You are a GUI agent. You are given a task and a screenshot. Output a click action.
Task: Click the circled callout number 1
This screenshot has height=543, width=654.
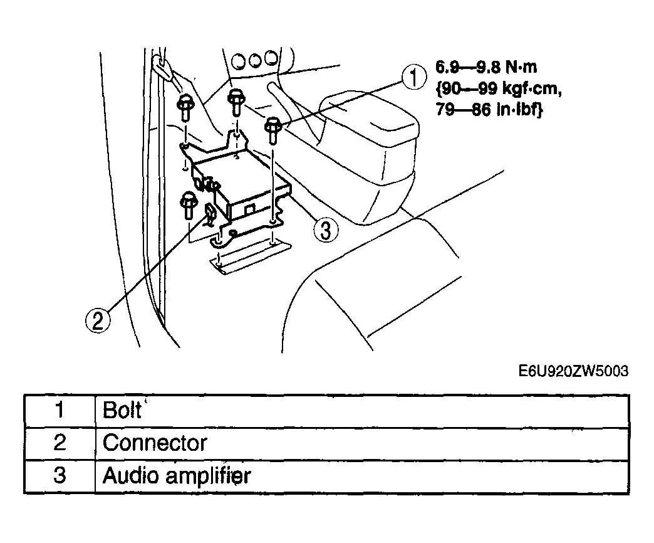[413, 78]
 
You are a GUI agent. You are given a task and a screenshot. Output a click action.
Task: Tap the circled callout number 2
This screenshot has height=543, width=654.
[98, 320]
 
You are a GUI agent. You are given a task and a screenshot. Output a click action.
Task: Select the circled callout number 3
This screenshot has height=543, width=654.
[326, 230]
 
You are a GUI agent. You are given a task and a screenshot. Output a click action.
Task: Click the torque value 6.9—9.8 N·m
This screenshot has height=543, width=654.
[486, 67]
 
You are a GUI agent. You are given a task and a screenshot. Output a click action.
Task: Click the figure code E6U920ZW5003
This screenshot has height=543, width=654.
[573, 371]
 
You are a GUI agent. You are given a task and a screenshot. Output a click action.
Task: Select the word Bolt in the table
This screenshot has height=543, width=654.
[122, 410]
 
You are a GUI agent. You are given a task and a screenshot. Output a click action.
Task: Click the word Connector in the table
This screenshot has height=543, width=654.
[155, 443]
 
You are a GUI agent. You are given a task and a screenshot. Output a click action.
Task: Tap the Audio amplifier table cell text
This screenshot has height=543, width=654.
[177, 475]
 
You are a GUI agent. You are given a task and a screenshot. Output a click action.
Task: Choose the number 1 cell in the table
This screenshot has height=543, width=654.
[60, 410]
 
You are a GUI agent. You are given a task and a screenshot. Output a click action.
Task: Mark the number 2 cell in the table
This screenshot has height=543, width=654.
[60, 443]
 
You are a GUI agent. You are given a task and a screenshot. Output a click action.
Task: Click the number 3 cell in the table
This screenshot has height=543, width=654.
[60, 475]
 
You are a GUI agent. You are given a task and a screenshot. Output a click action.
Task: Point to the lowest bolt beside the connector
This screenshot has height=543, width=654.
[188, 206]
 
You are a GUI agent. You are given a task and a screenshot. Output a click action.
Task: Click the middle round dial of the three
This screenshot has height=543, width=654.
[255, 61]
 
